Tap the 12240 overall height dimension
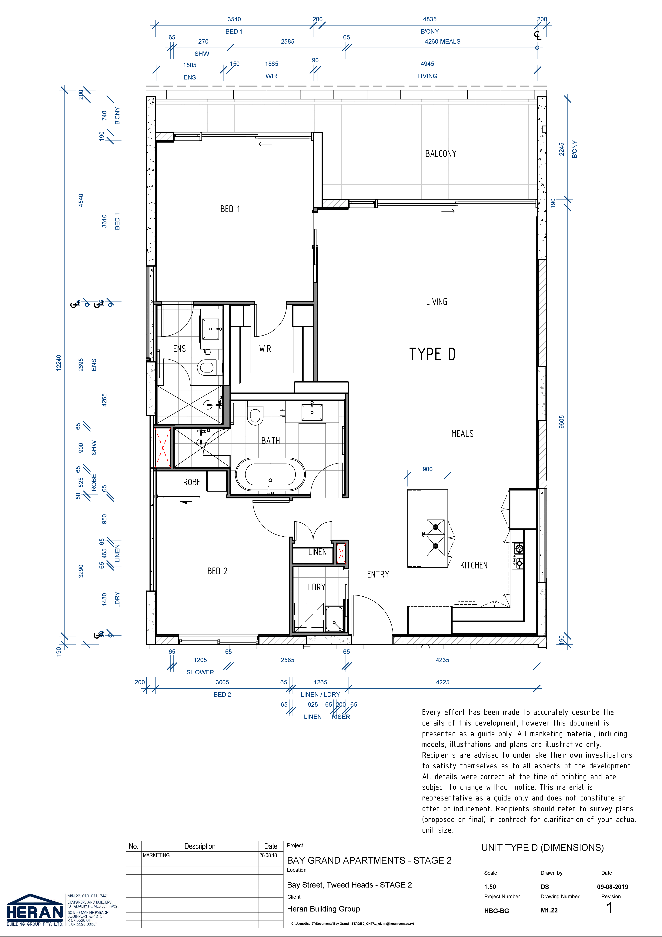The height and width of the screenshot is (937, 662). [59, 363]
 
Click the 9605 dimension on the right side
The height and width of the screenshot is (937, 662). [562, 422]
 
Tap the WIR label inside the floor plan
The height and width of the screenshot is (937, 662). [265, 349]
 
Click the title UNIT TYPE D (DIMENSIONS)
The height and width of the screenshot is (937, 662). [543, 848]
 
